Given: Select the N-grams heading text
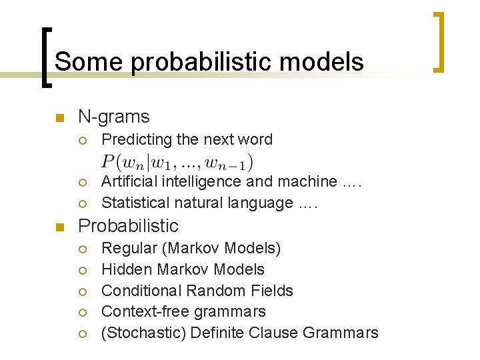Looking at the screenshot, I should tap(114, 117).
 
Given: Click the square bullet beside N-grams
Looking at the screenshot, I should tap(59, 119).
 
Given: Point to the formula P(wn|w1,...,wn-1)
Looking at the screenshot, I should tap(177, 162).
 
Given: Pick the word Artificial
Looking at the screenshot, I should tap(128, 181).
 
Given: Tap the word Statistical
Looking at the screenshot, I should tap(131, 203).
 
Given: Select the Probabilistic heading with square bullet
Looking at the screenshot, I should tap(129, 226).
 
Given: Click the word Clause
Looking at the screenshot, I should tap(276, 333).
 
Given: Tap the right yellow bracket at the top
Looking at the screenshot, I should tap(439, 42).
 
